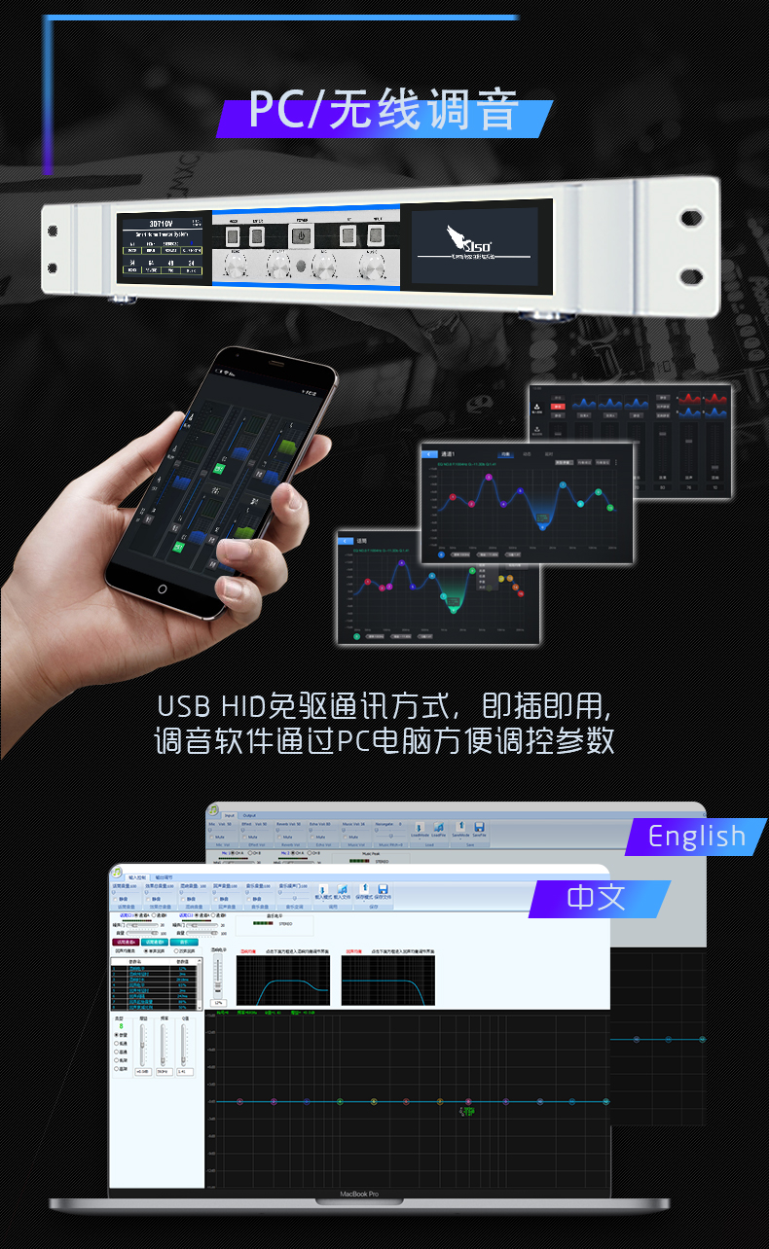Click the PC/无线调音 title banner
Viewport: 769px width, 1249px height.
click(x=384, y=110)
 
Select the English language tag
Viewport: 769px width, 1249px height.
click(x=696, y=837)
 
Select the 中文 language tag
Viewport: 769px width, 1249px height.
click(x=598, y=897)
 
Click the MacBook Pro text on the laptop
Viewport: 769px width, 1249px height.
click(x=358, y=1194)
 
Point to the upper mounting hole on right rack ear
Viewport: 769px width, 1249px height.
click(x=692, y=217)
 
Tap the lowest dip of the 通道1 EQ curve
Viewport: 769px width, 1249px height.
click(x=543, y=525)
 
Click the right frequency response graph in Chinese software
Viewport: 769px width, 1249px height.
click(x=388, y=979)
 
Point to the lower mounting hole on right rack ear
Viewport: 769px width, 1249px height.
click(x=692, y=275)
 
